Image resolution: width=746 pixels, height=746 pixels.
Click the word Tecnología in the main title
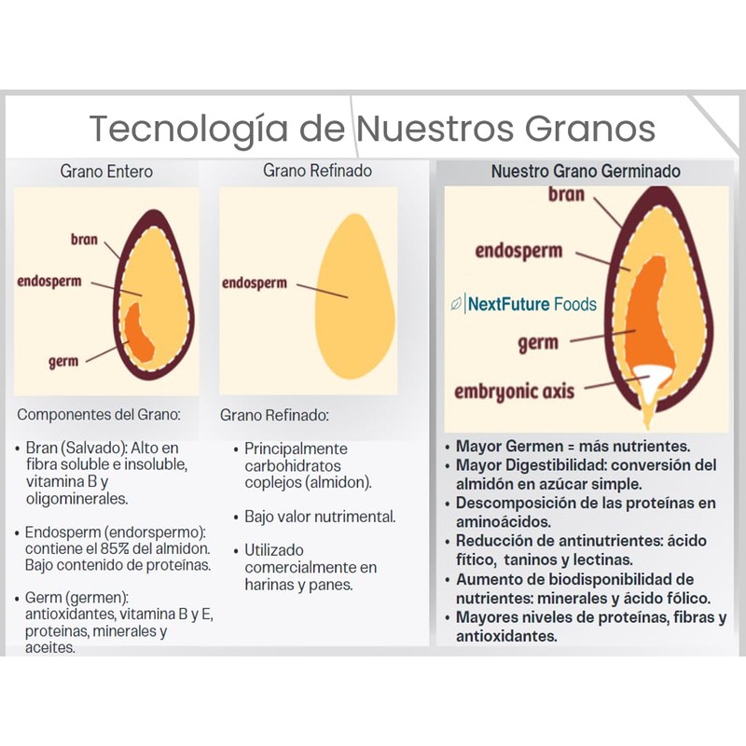tap(188, 130)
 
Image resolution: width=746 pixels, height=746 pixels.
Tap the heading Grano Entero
tap(106, 172)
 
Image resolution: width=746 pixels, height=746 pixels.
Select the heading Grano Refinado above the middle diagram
tap(317, 171)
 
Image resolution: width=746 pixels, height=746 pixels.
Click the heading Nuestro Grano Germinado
tap(586, 171)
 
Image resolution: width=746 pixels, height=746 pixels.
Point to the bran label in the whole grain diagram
tap(84, 239)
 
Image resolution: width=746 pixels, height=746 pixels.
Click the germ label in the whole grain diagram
tap(63, 362)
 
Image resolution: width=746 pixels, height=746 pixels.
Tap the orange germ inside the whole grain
tap(139, 333)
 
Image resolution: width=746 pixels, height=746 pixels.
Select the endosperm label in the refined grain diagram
tap(255, 283)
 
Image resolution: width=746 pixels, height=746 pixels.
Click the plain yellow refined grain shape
tap(355, 296)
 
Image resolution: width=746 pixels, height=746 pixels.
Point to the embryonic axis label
tap(515, 392)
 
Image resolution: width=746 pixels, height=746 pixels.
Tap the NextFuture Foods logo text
tap(532, 304)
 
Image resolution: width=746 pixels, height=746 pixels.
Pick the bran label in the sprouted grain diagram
tap(566, 195)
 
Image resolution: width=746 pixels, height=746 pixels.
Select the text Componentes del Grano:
tap(99, 414)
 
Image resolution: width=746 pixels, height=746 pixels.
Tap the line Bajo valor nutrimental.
tap(320, 517)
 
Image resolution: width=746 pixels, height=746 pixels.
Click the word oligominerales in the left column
tap(77, 499)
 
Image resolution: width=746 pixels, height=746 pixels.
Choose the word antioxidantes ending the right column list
tap(506, 636)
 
